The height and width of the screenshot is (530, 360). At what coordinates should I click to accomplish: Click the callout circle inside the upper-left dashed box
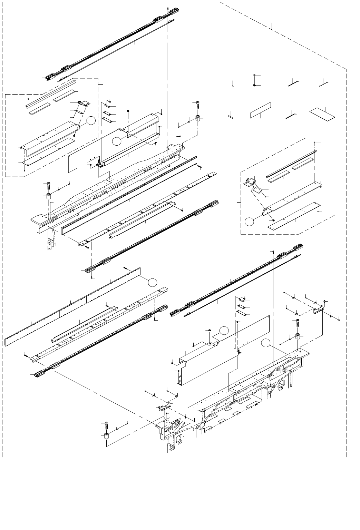(90, 121)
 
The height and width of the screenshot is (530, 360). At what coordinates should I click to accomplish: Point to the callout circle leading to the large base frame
(265, 343)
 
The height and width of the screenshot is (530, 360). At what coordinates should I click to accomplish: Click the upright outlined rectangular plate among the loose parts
(260, 110)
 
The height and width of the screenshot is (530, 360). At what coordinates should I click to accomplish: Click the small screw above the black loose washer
(254, 76)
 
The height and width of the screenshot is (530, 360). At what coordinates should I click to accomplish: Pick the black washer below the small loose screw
(254, 85)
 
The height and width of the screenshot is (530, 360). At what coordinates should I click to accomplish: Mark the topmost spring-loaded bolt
(197, 104)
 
